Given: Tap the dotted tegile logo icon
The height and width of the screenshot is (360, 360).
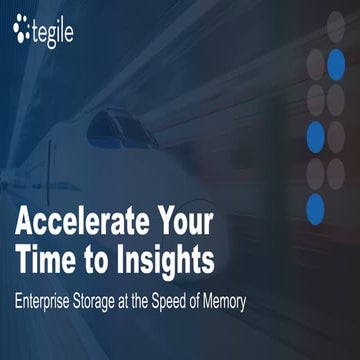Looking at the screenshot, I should (22, 32).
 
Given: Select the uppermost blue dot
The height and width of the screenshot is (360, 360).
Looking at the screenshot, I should (337, 62).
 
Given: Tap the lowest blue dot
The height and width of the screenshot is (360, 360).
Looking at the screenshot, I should (315, 208).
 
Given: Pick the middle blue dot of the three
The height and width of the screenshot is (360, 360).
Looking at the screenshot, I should (315, 135).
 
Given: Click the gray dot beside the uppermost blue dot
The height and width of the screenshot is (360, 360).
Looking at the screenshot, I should (315, 62).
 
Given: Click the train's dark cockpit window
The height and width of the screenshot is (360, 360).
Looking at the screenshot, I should (120, 129).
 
